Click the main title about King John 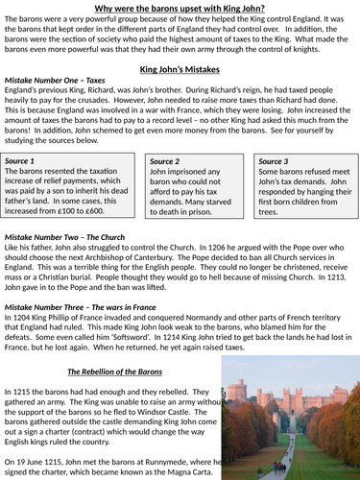click(x=180, y=9)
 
